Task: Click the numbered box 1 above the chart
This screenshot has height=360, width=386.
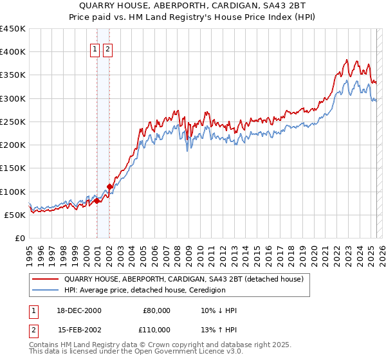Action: tap(95, 50)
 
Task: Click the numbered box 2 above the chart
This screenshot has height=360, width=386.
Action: tap(107, 50)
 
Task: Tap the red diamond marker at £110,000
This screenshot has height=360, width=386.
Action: tap(110, 186)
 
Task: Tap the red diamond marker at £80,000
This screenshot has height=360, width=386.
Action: tap(97, 201)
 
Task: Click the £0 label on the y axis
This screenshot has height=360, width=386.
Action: tap(20, 238)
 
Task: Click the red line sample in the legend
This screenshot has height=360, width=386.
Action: tap(46, 280)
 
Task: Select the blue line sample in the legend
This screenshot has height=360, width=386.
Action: tap(46, 290)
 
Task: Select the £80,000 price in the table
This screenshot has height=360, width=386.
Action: tap(156, 310)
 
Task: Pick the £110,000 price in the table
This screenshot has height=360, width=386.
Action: tap(154, 331)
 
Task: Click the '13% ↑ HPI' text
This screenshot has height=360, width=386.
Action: tap(219, 331)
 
